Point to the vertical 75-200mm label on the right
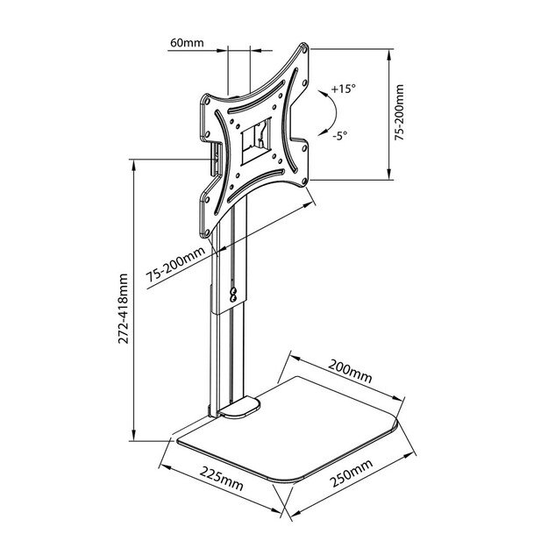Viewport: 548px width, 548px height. tap(400, 112)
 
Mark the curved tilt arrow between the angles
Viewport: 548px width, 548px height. tap(325, 114)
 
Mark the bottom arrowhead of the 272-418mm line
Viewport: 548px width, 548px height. tap(133, 438)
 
